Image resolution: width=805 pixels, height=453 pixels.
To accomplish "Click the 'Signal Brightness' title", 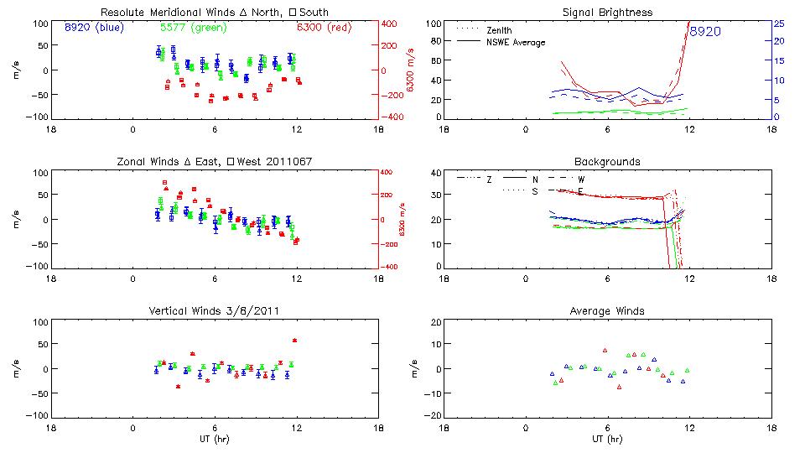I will tap(607, 13).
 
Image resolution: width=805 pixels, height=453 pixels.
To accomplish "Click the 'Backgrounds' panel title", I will tap(607, 161).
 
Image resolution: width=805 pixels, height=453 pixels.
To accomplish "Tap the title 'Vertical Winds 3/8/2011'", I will tap(215, 310).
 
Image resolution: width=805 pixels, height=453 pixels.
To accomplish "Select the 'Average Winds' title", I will tap(607, 310).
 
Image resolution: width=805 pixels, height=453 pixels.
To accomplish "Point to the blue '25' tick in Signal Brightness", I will tap(778, 23).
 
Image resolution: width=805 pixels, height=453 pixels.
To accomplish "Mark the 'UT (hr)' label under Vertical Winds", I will tap(215, 437).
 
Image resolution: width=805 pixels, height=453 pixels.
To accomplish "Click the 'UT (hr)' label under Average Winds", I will tap(607, 437).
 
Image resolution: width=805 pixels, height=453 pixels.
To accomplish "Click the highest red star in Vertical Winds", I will tap(294, 340).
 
